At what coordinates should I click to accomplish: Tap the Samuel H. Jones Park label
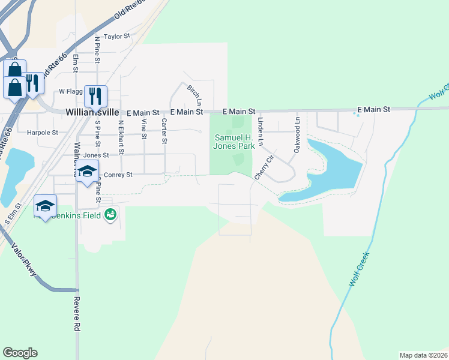click(x=235, y=142)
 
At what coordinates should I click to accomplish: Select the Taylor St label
click(x=117, y=37)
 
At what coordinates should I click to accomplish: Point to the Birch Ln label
click(x=193, y=93)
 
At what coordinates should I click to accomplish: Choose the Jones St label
click(x=96, y=155)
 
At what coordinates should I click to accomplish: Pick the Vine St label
click(x=143, y=129)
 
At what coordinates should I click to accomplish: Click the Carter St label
click(x=163, y=131)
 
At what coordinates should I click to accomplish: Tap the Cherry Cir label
click(x=263, y=167)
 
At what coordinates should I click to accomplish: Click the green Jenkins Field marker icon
click(x=110, y=214)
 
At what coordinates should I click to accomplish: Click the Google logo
click(x=20, y=353)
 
